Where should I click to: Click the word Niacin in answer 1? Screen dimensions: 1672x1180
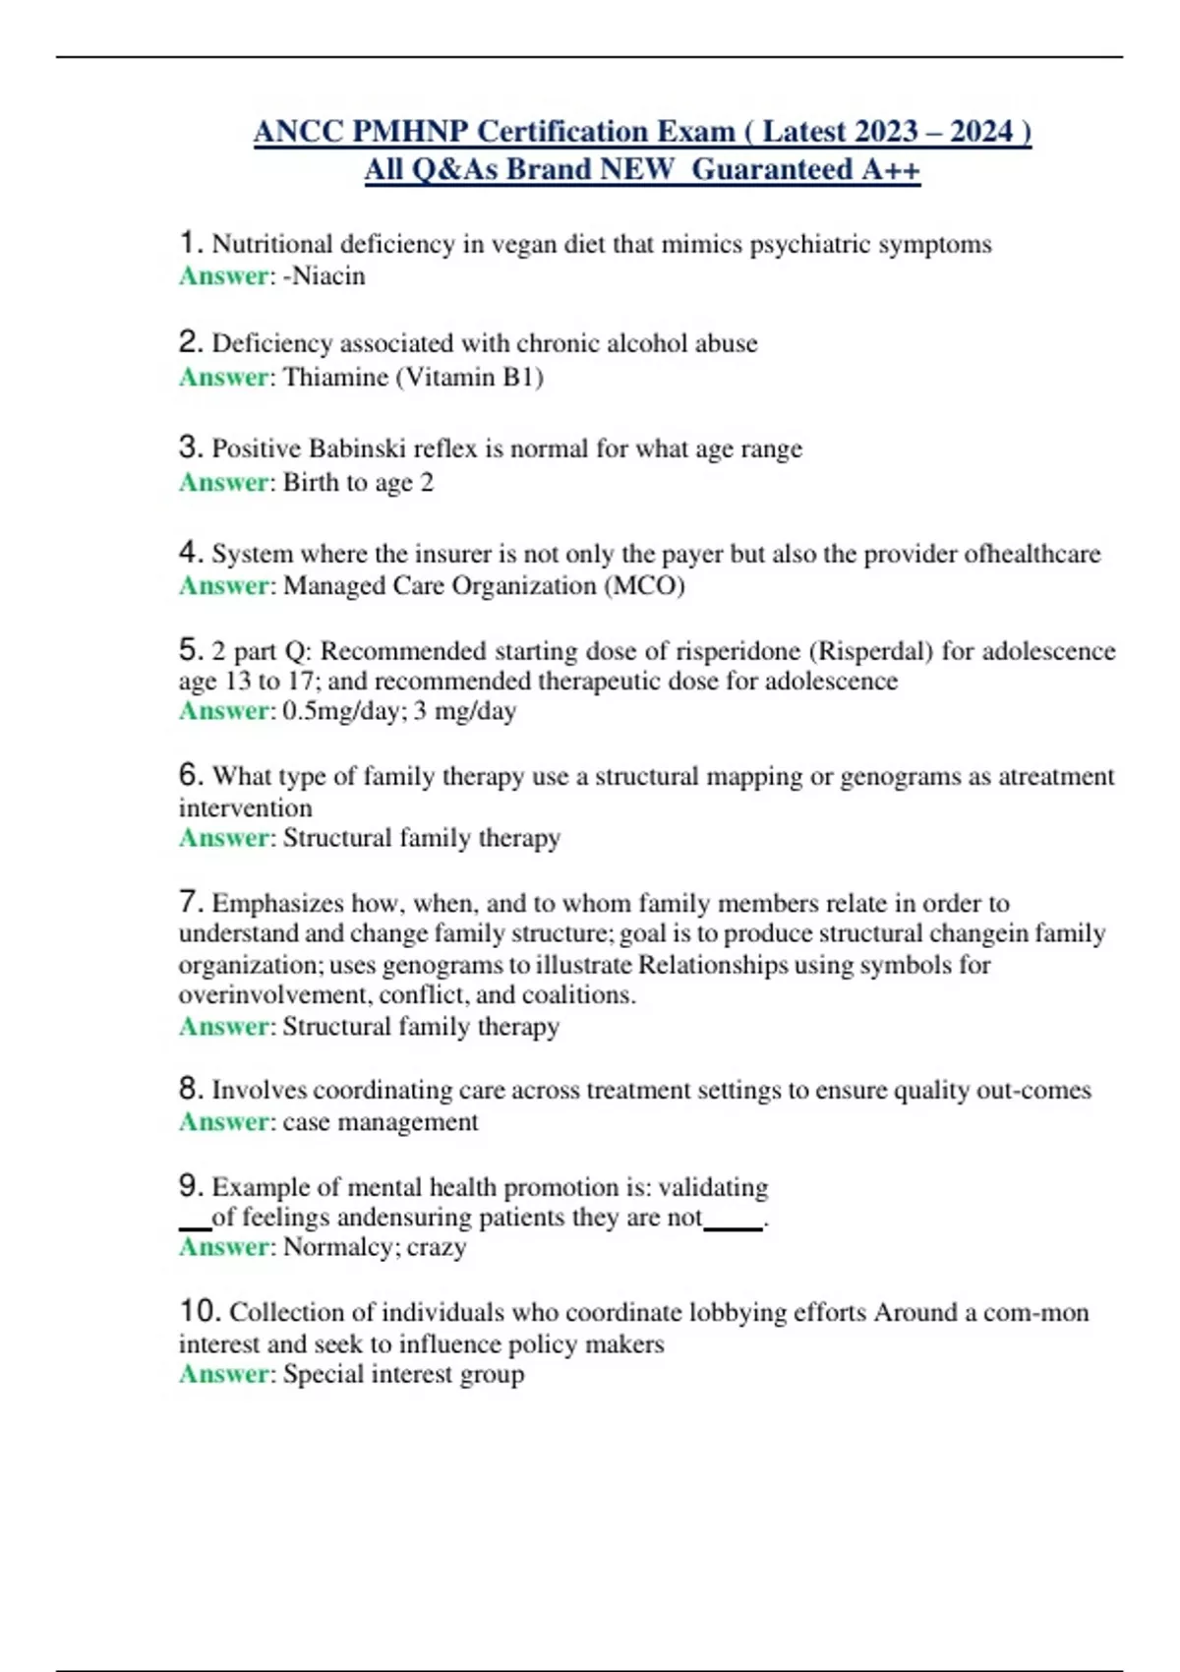pyautogui.click(x=328, y=276)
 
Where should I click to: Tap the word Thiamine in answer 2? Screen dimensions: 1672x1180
pyautogui.click(x=334, y=378)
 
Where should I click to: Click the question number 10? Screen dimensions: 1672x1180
pyautogui.click(x=199, y=1312)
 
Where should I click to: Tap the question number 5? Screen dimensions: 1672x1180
pyautogui.click(x=190, y=650)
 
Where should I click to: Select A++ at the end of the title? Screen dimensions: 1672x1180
pyautogui.click(x=891, y=170)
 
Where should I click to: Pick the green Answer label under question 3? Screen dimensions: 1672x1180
pyautogui.click(x=224, y=483)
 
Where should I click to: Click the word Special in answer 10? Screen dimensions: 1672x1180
pyautogui.click(x=319, y=1374)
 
